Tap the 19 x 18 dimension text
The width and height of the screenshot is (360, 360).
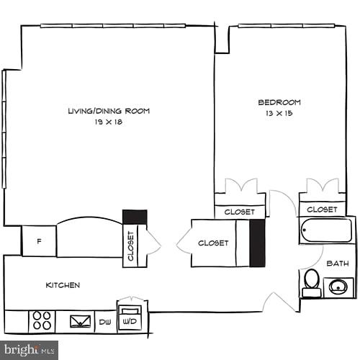[x=108, y=122]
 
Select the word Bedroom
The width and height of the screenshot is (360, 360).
[x=279, y=102]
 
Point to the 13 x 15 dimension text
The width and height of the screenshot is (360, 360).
[x=279, y=113]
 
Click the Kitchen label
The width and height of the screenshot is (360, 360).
[x=63, y=285]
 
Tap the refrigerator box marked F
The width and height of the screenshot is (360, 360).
[x=38, y=241]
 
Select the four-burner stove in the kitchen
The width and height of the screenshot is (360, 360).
[x=42, y=320]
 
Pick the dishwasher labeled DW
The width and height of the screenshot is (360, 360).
[x=104, y=322]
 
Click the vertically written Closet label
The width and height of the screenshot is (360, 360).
[x=131, y=246]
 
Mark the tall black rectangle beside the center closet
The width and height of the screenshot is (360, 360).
[x=257, y=243]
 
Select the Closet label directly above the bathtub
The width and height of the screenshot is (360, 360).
[x=321, y=210]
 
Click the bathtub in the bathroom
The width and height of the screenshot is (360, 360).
[x=326, y=232]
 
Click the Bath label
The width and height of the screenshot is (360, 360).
[x=337, y=264]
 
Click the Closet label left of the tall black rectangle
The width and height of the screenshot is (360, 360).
[x=213, y=243]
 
